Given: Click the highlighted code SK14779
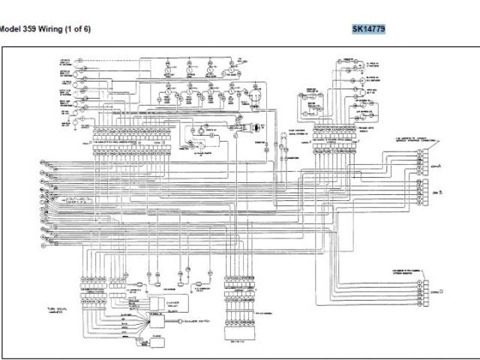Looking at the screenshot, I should pos(369,29).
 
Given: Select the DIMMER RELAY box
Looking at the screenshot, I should pos(159,302).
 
